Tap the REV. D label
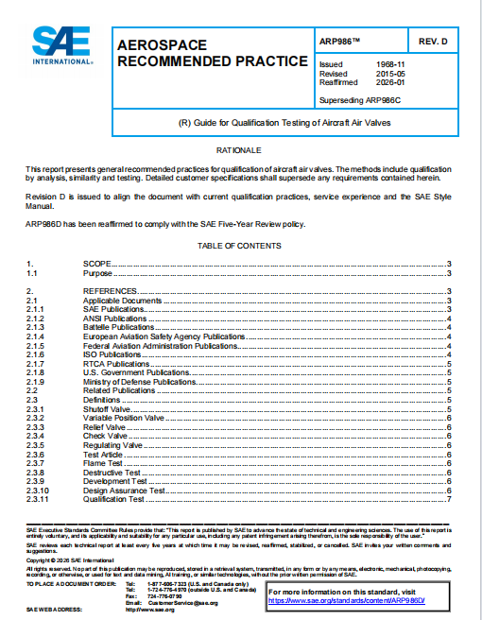pyautogui.click(x=439, y=41)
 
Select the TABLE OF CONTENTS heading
pyautogui.click(x=239, y=246)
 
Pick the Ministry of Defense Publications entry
pyautogui.click(x=139, y=381)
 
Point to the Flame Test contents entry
pyautogui.click(x=102, y=462)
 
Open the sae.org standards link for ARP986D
pyautogui.click(x=345, y=599)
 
